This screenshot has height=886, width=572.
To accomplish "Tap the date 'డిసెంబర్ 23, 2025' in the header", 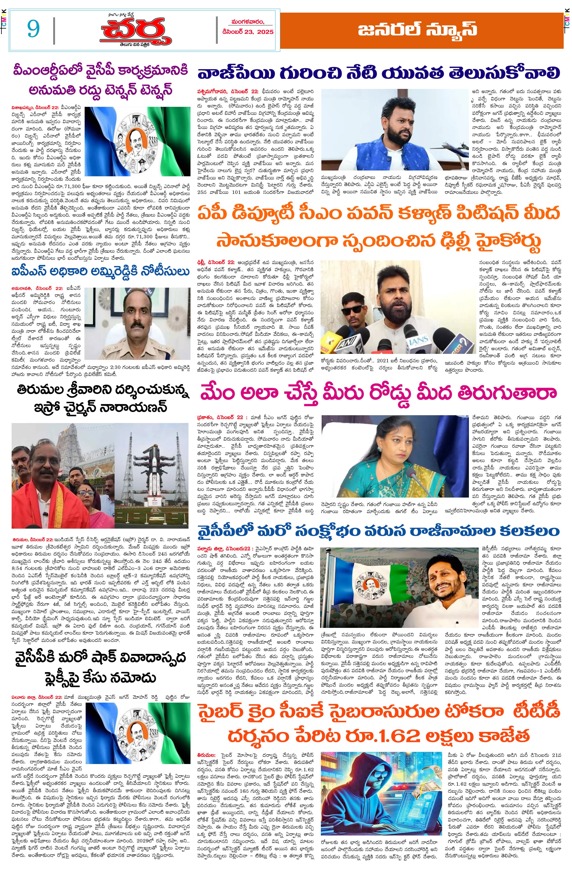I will (x=248, y=32).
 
